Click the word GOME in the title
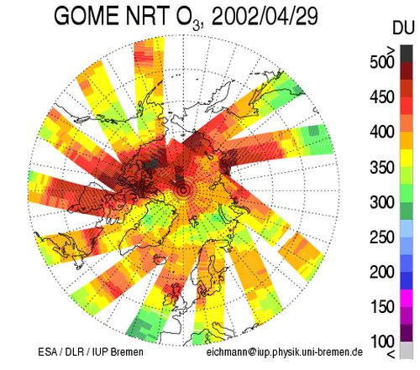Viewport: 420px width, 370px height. point(87,16)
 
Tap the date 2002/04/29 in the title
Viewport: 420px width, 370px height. point(265,16)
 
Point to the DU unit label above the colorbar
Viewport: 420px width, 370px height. point(403,28)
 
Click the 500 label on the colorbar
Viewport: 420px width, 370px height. point(382,62)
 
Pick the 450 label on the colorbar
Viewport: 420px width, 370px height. point(382,97)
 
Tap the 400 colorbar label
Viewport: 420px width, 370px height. point(382,132)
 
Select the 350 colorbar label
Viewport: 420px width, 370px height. point(382,167)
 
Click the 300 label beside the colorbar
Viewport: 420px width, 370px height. point(382,202)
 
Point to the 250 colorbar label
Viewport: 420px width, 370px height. point(382,237)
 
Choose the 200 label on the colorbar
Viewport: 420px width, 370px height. point(382,272)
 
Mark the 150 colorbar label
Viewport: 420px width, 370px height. point(382,307)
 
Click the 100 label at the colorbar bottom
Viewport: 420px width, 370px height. point(382,341)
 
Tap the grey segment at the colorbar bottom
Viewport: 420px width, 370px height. point(407,350)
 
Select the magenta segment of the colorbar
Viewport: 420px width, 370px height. point(407,299)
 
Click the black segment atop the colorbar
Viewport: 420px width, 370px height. point(407,54)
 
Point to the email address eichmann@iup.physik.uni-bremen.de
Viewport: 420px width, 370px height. point(285,352)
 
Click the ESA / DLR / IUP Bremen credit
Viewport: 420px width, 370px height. point(91,352)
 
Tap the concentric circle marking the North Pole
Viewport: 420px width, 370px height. point(183,190)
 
